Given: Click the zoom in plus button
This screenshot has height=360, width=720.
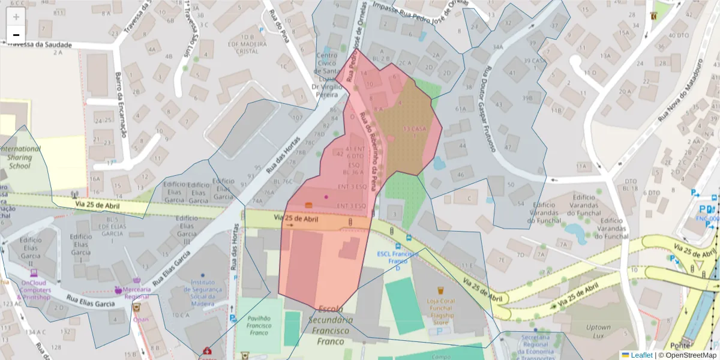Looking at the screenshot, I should [16, 16].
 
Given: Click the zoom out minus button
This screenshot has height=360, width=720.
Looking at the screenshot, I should [16, 35].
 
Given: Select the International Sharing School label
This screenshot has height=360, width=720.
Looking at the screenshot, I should [20, 157].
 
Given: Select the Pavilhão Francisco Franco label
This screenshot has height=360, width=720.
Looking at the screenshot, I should [259, 325].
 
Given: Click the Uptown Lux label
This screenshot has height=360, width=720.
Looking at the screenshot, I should [598, 332].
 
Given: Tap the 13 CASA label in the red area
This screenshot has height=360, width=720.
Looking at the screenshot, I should [415, 132].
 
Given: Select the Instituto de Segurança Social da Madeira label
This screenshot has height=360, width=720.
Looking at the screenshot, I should [203, 293].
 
